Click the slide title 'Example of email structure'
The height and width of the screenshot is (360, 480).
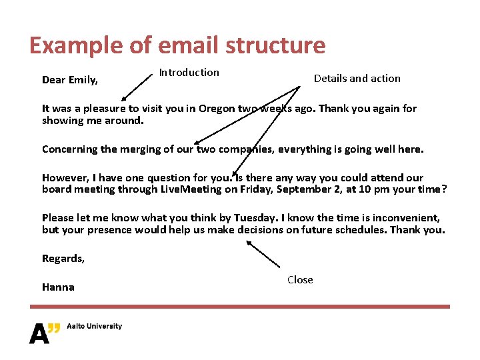177,45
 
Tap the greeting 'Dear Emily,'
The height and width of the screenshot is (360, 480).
70,80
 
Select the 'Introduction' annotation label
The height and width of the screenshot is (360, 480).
189,73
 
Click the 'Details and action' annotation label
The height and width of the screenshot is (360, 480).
357,79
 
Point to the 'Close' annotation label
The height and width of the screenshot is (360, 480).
300,280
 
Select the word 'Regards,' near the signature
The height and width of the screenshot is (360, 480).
63,259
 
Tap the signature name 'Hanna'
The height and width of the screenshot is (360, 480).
58,287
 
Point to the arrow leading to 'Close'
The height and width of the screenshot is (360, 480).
263,254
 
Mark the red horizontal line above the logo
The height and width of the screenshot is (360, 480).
240,307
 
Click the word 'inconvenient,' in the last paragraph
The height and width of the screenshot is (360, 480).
406,218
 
